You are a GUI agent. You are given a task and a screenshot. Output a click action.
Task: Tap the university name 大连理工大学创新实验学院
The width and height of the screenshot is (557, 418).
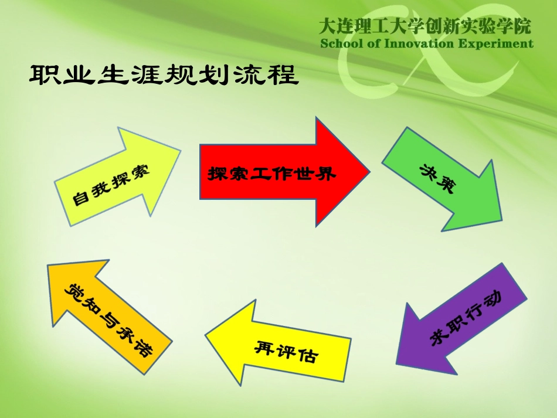coord(425,26)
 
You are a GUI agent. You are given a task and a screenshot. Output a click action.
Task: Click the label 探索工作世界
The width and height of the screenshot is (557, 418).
coord(272,173)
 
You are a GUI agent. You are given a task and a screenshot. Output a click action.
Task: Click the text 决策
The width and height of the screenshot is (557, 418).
coord(437,177)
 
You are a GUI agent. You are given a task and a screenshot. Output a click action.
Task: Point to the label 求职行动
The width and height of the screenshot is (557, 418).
coord(466,320)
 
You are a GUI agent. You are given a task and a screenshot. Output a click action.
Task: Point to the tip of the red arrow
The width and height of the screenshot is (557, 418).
coord(369,171)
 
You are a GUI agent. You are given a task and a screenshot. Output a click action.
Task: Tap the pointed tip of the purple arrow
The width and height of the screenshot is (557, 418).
coord(398,362)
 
